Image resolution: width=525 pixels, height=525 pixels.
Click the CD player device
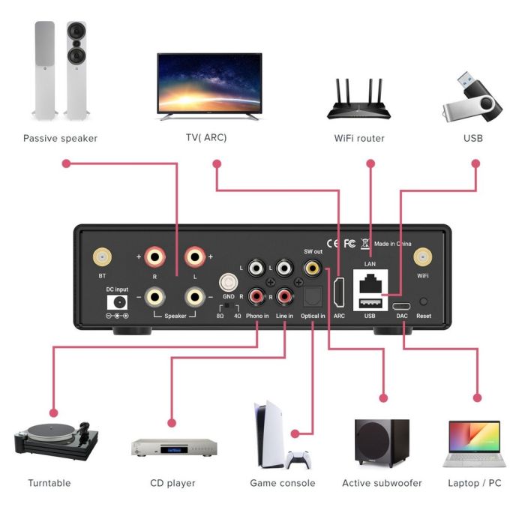coord(175,448)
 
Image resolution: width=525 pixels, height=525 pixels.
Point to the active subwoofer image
coord(382,444)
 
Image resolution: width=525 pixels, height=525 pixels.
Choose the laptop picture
coord(474,444)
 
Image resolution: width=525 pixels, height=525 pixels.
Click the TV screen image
coord(209,84)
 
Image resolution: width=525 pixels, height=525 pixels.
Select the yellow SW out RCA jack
coord(309,268)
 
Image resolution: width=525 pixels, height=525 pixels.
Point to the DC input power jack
coord(118,301)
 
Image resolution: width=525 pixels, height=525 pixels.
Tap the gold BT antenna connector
coord(101,259)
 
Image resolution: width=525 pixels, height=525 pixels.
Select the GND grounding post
coord(227,283)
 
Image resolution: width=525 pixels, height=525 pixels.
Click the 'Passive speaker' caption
coord(60,138)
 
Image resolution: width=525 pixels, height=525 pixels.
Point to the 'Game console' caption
coord(282,483)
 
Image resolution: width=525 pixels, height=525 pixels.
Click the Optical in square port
coord(312,298)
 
